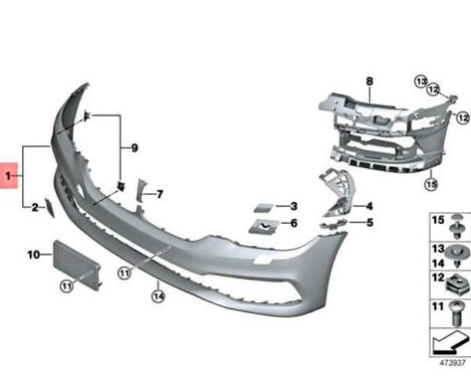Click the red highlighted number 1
click(9, 177)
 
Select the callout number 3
click(292, 207)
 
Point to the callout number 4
click(369, 207)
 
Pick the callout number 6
click(292, 223)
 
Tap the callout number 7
click(159, 194)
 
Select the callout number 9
click(134, 148)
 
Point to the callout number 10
click(33, 255)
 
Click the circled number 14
click(156, 296)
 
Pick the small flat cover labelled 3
click(263, 208)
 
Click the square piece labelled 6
click(262, 227)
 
